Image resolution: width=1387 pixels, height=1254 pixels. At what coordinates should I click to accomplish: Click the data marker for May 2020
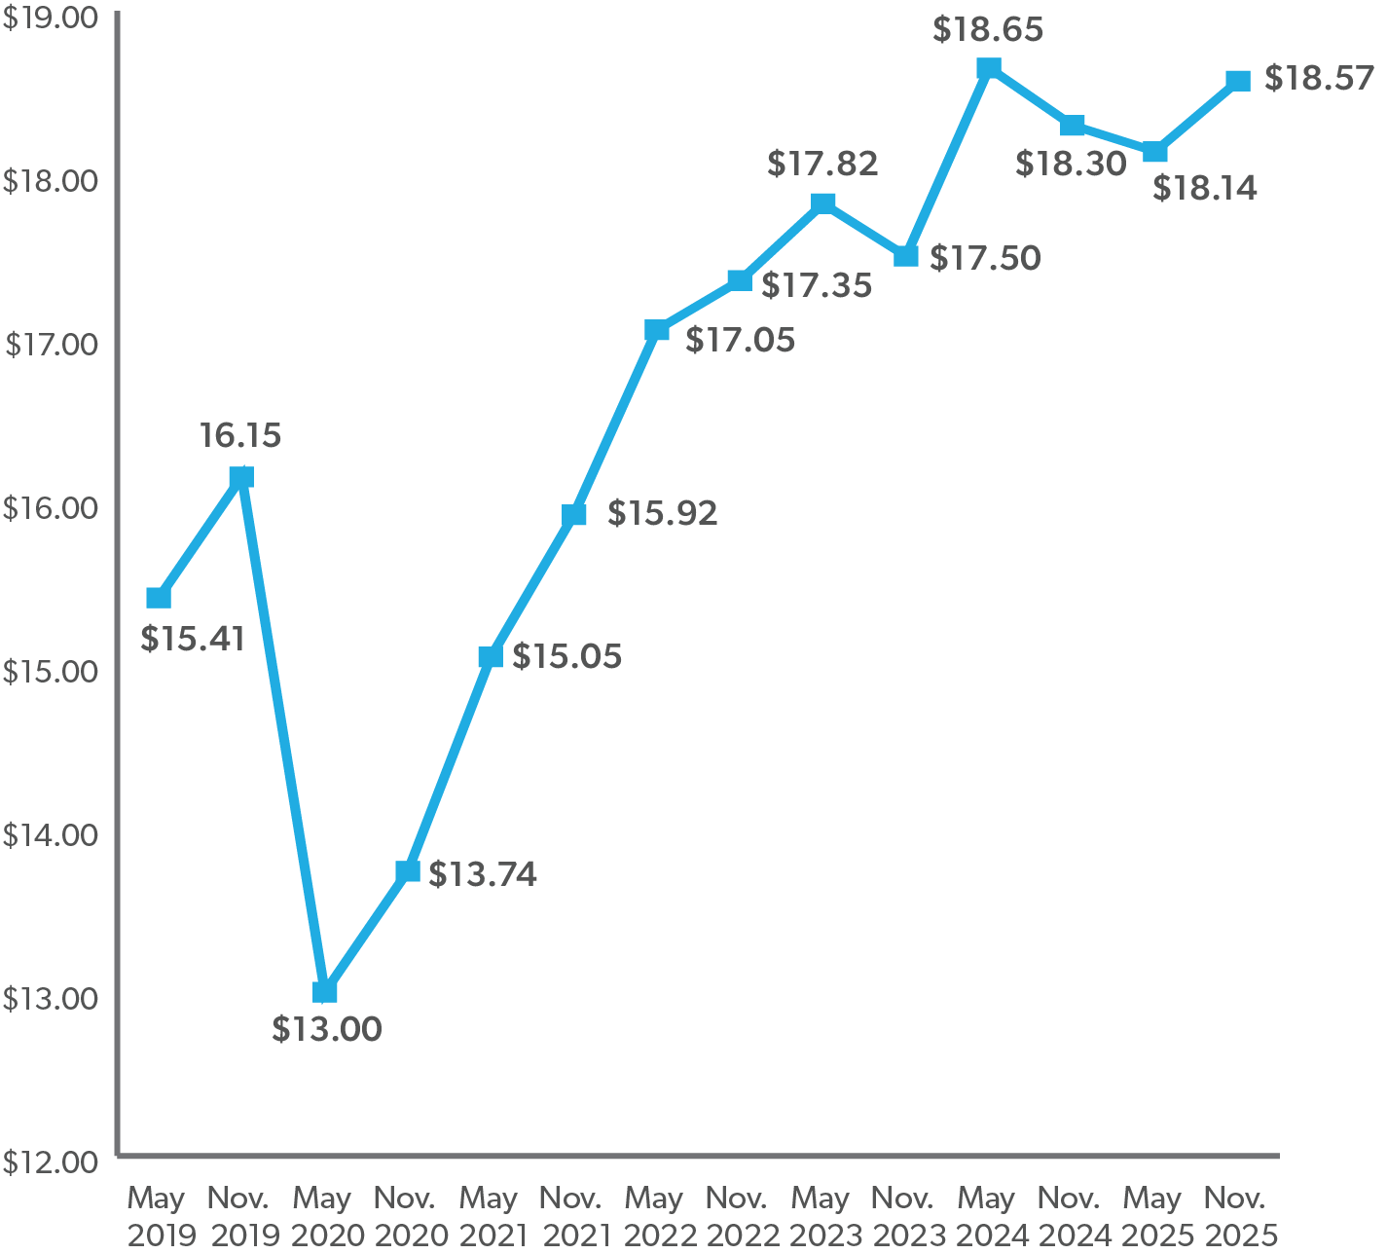325,991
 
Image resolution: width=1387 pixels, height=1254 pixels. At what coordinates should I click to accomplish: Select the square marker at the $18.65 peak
989,67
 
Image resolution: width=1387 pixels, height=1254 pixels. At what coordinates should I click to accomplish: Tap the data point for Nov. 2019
241,477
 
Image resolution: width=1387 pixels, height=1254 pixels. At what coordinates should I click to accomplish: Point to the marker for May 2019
159,597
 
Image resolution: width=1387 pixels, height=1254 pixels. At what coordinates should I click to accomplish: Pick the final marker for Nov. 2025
1238,80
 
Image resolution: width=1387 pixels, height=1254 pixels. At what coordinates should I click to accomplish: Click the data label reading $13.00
327,1029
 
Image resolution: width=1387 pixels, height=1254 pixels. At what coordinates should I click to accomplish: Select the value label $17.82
822,164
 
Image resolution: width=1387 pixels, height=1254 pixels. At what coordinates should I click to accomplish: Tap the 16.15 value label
240,435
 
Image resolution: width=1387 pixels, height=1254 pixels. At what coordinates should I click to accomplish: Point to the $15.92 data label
662,513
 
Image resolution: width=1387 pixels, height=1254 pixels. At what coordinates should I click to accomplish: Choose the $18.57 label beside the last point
1319,79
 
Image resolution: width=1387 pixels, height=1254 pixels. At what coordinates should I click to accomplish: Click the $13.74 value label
483,874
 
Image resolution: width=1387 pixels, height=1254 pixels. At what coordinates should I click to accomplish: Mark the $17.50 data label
985,258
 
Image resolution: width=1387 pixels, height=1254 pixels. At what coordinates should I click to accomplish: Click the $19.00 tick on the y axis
50,18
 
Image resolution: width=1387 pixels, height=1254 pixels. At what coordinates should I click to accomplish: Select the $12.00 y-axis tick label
50,1162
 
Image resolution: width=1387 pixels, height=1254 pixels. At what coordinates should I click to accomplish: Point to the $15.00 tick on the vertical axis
50,672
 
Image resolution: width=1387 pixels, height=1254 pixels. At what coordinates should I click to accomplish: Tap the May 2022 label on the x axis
655,1216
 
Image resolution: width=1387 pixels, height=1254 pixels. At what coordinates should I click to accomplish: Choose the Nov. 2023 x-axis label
904,1216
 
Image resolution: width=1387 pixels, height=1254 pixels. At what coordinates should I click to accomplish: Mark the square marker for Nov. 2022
740,280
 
